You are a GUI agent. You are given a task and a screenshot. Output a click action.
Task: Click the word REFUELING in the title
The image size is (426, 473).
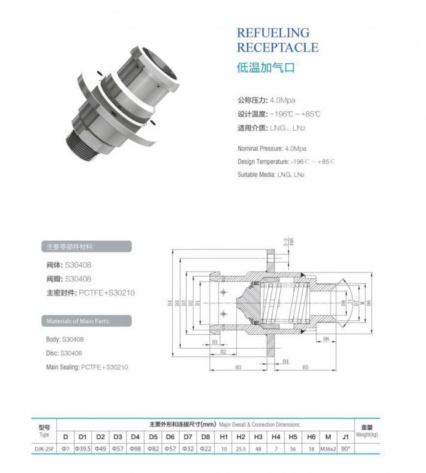[x=273, y=33]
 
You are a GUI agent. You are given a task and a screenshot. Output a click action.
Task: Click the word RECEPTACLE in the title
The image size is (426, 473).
[x=278, y=48]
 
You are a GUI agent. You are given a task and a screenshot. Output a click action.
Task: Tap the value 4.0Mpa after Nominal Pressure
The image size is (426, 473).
[x=296, y=149]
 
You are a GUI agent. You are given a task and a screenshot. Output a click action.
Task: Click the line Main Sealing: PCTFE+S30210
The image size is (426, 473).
[x=87, y=367]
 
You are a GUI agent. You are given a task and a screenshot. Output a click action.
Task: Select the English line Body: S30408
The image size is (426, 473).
[x=65, y=339]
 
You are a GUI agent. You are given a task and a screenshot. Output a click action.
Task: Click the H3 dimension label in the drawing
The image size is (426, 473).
[x=238, y=367]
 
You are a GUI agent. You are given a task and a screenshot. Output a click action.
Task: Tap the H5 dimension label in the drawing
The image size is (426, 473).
[x=305, y=367]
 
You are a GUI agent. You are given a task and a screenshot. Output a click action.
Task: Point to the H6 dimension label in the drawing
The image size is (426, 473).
[x=326, y=338]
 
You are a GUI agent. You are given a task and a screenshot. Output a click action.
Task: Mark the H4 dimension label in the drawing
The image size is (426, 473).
[x=285, y=361]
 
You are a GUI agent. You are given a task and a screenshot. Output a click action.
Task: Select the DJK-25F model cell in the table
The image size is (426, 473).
[x=44, y=449]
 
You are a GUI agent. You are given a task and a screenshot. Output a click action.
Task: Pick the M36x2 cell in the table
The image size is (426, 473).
[x=328, y=449]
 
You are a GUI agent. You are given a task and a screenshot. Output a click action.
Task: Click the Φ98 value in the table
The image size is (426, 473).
[x=135, y=449]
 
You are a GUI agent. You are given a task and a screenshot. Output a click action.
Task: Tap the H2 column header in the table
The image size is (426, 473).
[x=241, y=436]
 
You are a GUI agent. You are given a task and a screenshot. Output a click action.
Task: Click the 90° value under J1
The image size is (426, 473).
[x=345, y=449]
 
